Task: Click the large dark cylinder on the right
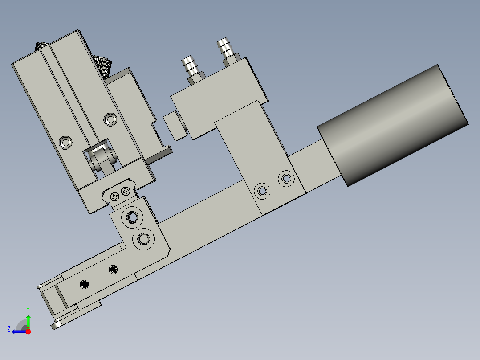pyautogui.click(x=392, y=125)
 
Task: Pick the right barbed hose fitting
pyautogui.click(x=227, y=50)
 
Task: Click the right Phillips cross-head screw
pyautogui.click(x=126, y=192)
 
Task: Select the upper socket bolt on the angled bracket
pyautogui.click(x=132, y=217)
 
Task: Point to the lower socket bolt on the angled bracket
pyautogui.click(x=143, y=239)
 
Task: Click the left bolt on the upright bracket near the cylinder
pyautogui.click(x=262, y=191)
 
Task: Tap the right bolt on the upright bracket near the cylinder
pyautogui.click(x=286, y=179)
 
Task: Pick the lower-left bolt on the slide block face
pyautogui.click(x=66, y=143)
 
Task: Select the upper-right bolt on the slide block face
pyautogui.click(x=110, y=119)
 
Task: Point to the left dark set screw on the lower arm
pyautogui.click(x=84, y=284)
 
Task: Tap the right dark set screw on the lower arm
pyautogui.click(x=114, y=269)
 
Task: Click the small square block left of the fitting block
pyautogui.click(x=175, y=125)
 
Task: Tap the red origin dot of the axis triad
pyautogui.click(x=28, y=331)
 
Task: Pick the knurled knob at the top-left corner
pyautogui.click(x=43, y=46)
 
